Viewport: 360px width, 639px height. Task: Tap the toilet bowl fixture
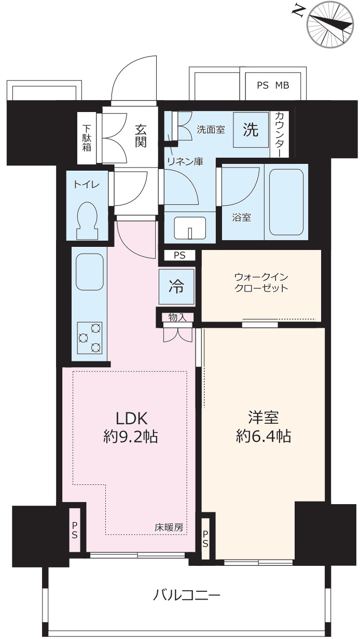click(87, 220)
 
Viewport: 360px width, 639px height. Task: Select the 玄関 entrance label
click(141, 136)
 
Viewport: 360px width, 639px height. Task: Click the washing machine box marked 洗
click(251, 130)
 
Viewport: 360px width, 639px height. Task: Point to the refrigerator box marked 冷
click(176, 287)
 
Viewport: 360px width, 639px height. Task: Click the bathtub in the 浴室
click(286, 202)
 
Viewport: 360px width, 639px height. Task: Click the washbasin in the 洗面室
click(190, 228)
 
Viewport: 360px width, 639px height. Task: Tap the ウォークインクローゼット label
click(261, 282)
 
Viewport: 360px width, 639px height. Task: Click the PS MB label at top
click(273, 85)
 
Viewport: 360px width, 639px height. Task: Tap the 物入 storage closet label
click(177, 317)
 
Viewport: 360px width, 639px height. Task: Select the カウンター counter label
click(282, 134)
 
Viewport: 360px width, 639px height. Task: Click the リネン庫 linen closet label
click(185, 161)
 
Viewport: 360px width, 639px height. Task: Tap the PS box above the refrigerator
click(179, 255)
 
